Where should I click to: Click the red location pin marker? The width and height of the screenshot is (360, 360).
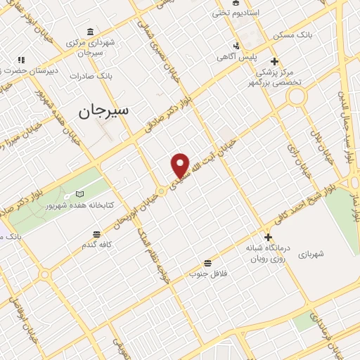pyautogui.click(x=181, y=165)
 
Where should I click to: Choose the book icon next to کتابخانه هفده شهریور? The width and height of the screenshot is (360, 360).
pyautogui.click(x=79, y=193)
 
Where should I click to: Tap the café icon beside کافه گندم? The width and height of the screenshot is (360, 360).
pyautogui.click(x=96, y=233)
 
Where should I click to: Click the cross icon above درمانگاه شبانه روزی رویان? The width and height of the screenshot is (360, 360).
pyautogui.click(x=267, y=237)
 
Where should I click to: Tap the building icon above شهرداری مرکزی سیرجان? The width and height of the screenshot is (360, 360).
pyautogui.click(x=89, y=32)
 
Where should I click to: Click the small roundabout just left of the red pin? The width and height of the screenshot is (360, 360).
pyautogui.click(x=162, y=191)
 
